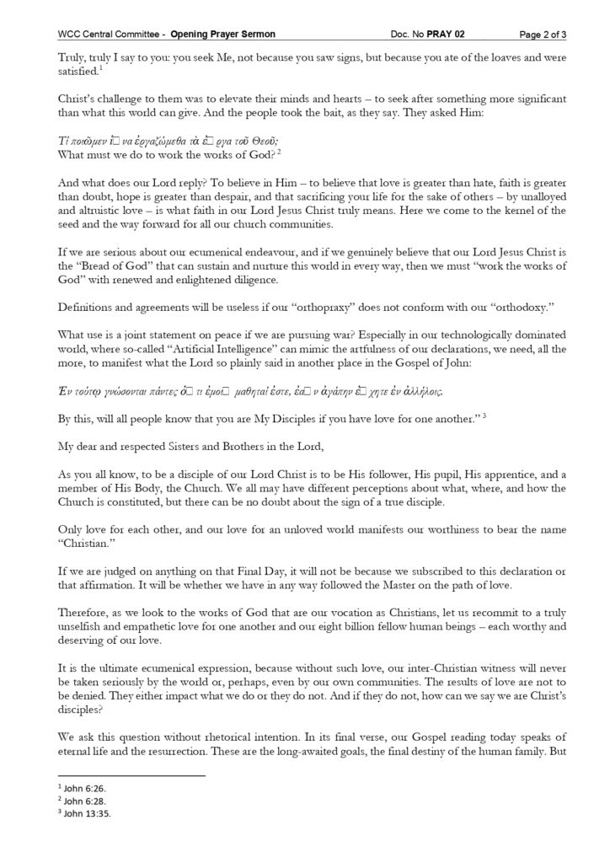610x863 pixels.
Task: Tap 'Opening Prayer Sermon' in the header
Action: click(x=222, y=34)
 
